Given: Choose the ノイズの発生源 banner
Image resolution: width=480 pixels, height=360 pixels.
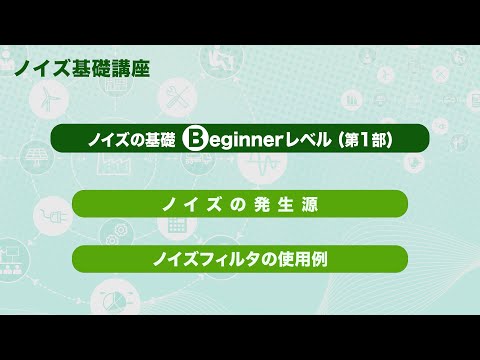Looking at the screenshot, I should click(x=240, y=203).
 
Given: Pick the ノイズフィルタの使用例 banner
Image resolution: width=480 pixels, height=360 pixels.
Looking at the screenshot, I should click(x=240, y=258).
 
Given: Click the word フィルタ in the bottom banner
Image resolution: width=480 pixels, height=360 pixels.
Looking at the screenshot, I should click(x=232, y=258).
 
